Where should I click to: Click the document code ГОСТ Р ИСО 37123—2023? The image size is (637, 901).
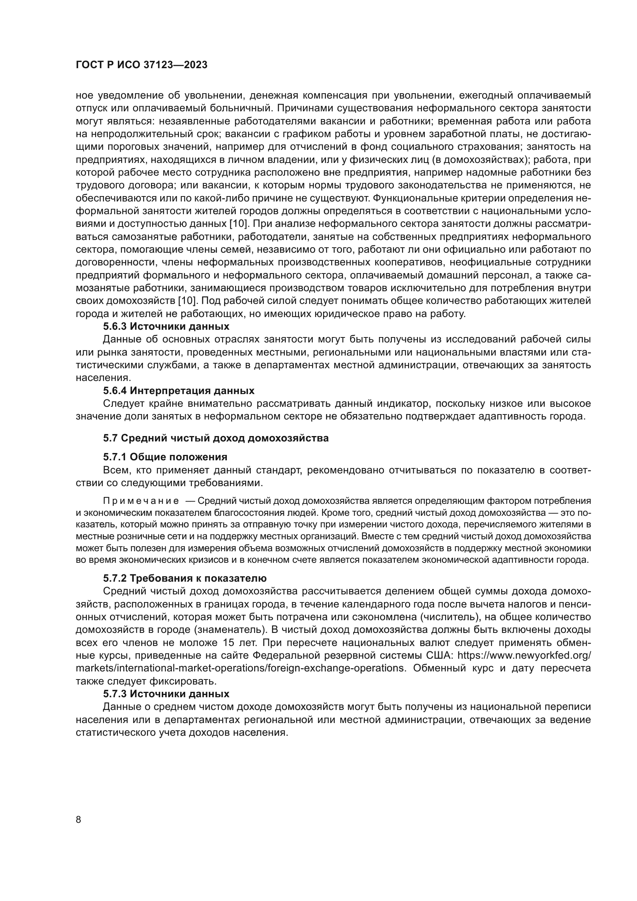point(141,65)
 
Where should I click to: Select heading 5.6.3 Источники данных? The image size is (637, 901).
point(166,326)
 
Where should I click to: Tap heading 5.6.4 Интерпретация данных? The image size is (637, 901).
point(178,391)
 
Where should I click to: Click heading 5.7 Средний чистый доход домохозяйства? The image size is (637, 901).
point(216,438)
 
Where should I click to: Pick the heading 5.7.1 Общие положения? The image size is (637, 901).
point(165,457)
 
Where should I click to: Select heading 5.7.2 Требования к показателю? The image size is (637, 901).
point(185,578)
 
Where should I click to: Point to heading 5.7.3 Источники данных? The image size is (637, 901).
point(166,694)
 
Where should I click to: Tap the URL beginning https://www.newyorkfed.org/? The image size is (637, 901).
point(524,655)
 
